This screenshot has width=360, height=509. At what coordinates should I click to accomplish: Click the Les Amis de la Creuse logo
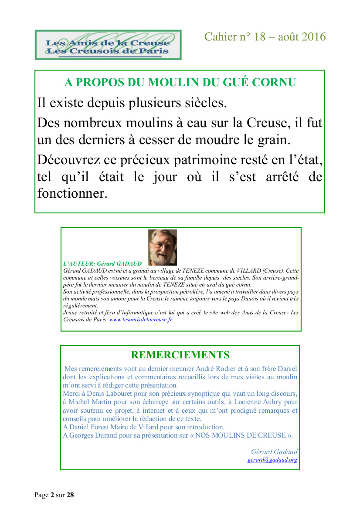click(x=108, y=45)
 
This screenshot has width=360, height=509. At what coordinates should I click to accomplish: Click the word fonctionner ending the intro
click(x=72, y=193)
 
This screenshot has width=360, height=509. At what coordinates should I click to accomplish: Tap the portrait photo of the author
click(x=163, y=247)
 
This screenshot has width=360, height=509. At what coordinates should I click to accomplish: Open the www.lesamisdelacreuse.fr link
click(x=141, y=319)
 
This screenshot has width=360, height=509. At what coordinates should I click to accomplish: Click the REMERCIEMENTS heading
click(x=180, y=355)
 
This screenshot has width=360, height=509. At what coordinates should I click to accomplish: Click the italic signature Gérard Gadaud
click(x=274, y=452)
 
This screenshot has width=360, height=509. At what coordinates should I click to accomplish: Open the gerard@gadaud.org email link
click(x=272, y=459)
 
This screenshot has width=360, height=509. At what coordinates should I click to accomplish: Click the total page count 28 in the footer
click(x=71, y=495)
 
